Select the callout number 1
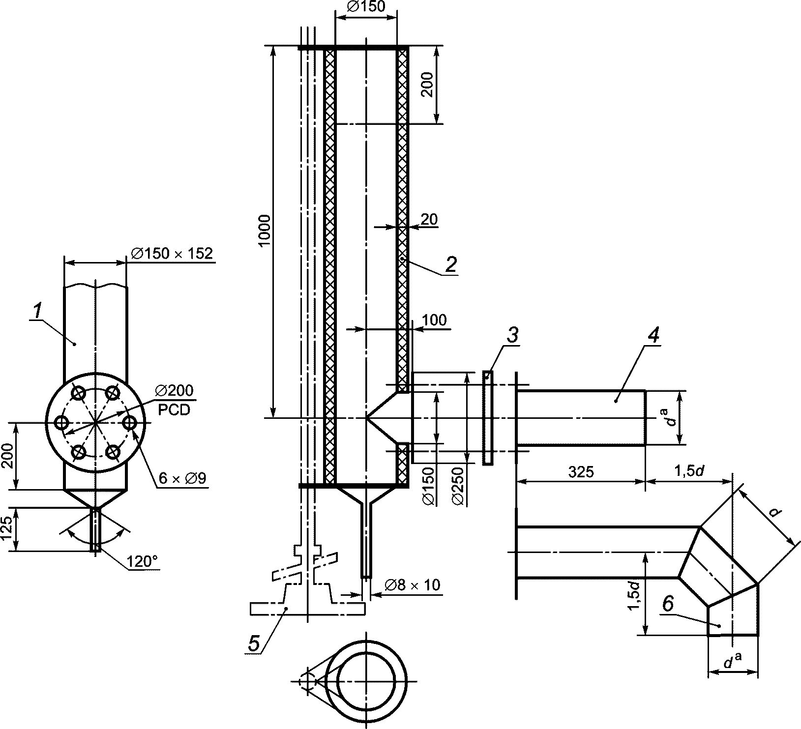(x=36, y=311)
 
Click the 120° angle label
(x=143, y=561)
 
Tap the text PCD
(x=174, y=410)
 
